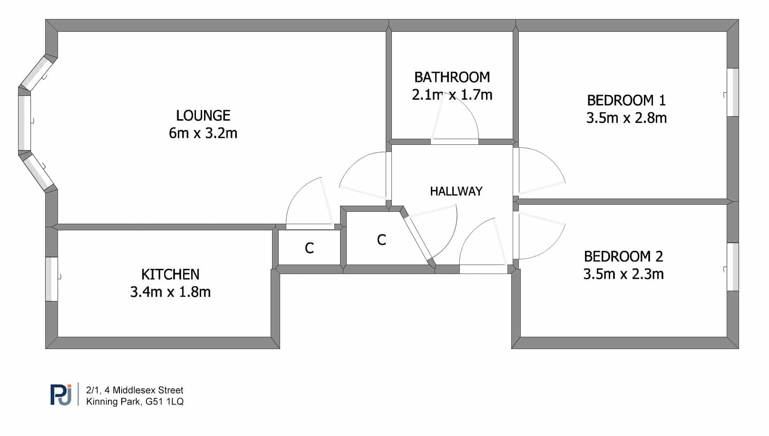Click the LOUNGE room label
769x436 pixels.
[203, 115]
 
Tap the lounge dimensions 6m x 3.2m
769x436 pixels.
[203, 133]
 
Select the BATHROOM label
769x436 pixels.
[452, 77]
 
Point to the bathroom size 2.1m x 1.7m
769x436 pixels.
[452, 95]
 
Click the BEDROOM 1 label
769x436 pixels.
[626, 100]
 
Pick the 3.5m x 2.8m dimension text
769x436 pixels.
[626, 118]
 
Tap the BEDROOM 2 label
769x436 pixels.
[623, 256]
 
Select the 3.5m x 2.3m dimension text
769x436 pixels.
[623, 274]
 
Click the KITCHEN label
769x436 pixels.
[170, 275]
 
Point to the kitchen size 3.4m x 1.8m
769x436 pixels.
[170, 292]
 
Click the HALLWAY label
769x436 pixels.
[456, 191]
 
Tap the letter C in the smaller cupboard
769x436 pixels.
[309, 248]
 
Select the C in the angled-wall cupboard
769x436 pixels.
[381, 240]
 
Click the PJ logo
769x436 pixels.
[61, 395]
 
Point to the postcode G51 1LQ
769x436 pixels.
[165, 401]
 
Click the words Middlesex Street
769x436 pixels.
[148, 390]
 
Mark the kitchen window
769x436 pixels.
[51, 279]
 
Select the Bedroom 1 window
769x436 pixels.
[732, 92]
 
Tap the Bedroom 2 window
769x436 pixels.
[732, 266]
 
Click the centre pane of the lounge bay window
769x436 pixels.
[24, 123]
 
